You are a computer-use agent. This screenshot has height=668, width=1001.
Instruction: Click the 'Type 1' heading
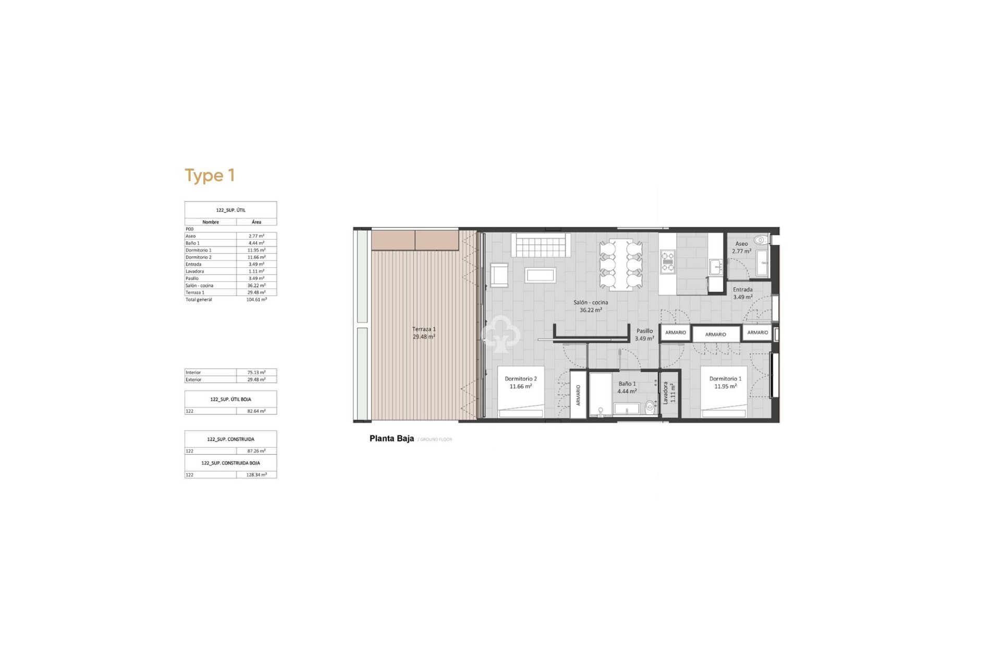pyautogui.click(x=210, y=175)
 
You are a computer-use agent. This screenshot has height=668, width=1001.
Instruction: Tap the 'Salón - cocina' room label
pyautogui.click(x=590, y=303)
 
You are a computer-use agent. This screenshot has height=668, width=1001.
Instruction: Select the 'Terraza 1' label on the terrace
pyautogui.click(x=423, y=329)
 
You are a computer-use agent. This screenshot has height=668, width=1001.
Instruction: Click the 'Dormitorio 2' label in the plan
pyautogui.click(x=520, y=379)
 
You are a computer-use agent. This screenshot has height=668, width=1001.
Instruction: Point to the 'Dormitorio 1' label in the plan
pyautogui.click(x=725, y=379)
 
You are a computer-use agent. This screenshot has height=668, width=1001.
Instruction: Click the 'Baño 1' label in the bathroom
pyautogui.click(x=627, y=384)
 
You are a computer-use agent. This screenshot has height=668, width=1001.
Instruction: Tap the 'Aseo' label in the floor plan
pyautogui.click(x=741, y=244)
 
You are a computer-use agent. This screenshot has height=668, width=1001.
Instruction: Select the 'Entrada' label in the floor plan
pyautogui.click(x=742, y=290)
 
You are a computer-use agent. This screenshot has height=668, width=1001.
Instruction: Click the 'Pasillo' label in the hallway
pyautogui.click(x=644, y=331)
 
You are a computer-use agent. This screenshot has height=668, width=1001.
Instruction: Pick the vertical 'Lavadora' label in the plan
pyautogui.click(x=666, y=392)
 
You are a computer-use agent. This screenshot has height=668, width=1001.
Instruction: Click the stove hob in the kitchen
pyautogui.click(x=667, y=262)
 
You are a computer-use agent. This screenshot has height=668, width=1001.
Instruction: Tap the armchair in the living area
pyautogui.click(x=499, y=275)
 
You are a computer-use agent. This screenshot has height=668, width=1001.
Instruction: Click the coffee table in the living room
pyautogui.click(x=540, y=275)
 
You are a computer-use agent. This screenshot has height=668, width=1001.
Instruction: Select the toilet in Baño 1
pyautogui.click(x=650, y=407)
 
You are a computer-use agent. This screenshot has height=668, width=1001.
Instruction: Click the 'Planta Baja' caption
pyautogui.click(x=392, y=438)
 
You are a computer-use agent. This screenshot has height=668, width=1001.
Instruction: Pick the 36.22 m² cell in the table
pyautogui.click(x=256, y=285)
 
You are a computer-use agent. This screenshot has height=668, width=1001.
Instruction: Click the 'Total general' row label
pyautogui.click(x=199, y=300)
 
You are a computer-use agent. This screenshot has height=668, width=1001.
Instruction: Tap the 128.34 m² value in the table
pyautogui.click(x=256, y=475)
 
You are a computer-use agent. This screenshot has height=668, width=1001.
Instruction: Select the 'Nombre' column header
pyautogui.click(x=211, y=222)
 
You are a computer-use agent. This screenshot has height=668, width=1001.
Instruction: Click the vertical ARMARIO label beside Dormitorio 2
pyautogui.click(x=578, y=395)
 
